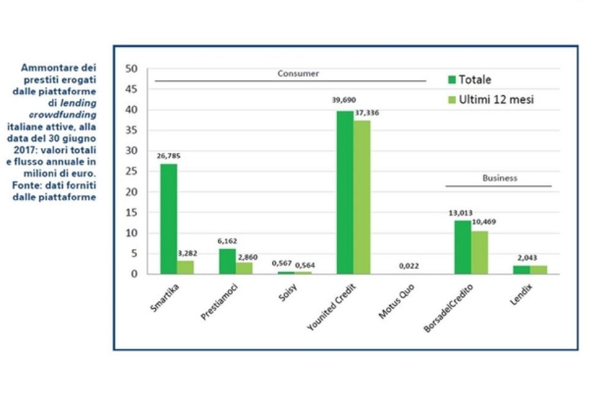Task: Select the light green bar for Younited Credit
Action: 361,197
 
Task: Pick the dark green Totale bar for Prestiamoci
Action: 227,261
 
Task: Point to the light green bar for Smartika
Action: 185,267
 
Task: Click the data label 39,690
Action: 344,100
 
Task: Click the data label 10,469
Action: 484,222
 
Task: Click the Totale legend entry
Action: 468,80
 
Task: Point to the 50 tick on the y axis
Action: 131,69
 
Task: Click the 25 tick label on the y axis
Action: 131,171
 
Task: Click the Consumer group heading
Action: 298,74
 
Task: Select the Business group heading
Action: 499,178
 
